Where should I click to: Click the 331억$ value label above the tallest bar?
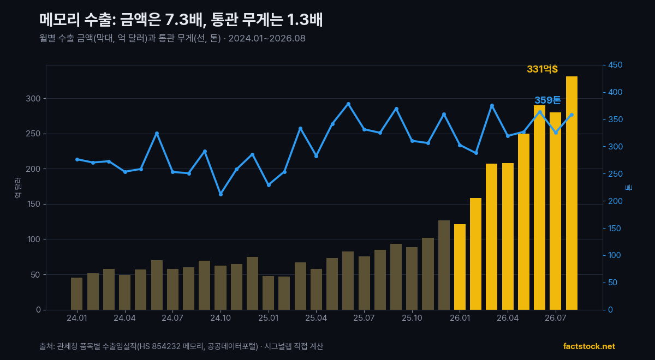tap(542, 69)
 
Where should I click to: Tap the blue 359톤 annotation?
tap(547, 100)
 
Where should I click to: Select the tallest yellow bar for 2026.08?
tap(571, 193)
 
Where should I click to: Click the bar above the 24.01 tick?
tap(76, 293)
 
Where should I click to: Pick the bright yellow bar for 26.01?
tap(460, 267)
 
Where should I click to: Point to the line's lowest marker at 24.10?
tap(221, 194)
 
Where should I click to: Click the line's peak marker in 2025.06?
tap(348, 104)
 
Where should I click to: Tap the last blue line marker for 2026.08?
tap(571, 115)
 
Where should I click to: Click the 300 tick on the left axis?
tap(33, 99)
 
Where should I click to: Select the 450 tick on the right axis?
tap(615, 65)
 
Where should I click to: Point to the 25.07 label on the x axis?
tap(364, 318)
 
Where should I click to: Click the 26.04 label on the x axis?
tap(508, 318)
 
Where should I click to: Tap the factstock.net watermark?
tap(589, 346)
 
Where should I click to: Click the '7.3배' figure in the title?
tap(184, 20)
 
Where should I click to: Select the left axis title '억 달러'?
tap(18, 188)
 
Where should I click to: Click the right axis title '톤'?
tap(629, 188)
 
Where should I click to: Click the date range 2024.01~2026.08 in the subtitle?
tap(267, 38)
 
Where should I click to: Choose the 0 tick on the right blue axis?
tap(610, 310)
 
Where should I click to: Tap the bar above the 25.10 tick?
tap(412, 279)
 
